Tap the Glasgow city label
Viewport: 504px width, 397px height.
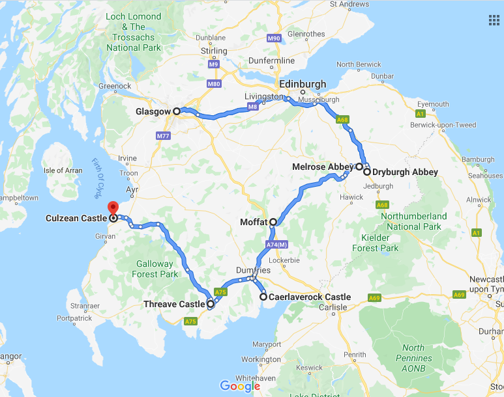(153, 111)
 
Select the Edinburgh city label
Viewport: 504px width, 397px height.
(303, 85)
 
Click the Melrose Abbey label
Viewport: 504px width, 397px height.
(323, 167)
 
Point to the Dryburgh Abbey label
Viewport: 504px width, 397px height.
(405, 172)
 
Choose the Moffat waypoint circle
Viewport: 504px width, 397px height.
(273, 222)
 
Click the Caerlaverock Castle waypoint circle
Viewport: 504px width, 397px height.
(263, 297)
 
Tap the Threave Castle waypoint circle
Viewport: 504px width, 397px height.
(211, 304)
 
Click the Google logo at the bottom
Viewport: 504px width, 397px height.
(240, 386)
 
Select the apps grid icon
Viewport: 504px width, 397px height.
(494, 20)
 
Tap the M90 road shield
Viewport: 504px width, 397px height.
(274, 38)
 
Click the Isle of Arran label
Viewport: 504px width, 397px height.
(63, 171)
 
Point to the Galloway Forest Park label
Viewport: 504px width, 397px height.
(155, 269)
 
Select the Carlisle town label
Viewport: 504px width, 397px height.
(333, 307)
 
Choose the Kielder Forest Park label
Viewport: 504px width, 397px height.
(375, 243)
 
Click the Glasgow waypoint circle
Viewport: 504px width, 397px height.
(177, 111)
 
